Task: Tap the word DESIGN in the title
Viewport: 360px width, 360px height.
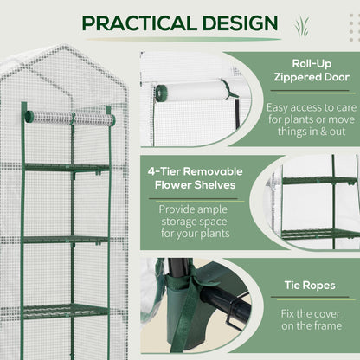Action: (x=231, y=22)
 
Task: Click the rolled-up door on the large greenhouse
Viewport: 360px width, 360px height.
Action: (x=69, y=117)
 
